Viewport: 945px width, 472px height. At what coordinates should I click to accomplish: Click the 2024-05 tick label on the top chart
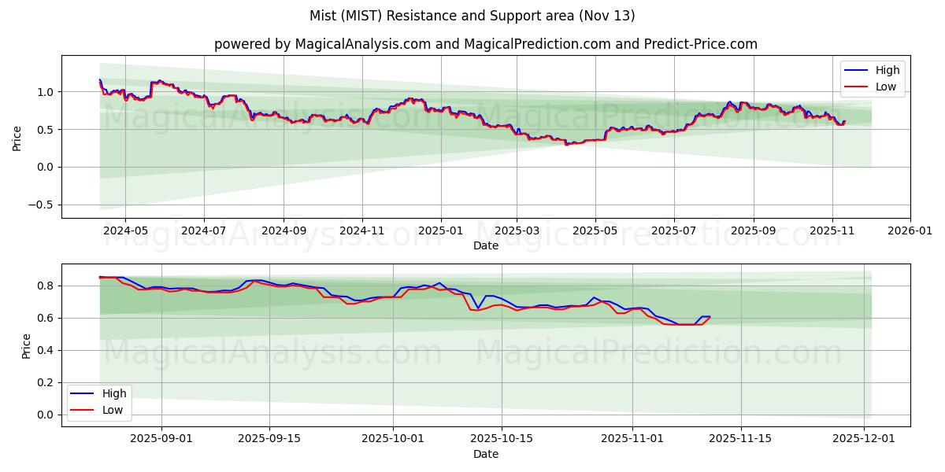point(125,231)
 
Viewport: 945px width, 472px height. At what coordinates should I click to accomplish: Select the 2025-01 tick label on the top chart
point(440,231)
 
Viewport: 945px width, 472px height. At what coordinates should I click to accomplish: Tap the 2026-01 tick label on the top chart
point(910,231)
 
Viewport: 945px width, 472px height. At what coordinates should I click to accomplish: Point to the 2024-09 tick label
point(283,231)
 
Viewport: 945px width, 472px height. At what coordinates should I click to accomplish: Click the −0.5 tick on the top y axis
point(41,205)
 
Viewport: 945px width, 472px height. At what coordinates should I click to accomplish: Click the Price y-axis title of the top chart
point(17,138)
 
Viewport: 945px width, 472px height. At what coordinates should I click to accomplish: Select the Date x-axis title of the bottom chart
point(486,454)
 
